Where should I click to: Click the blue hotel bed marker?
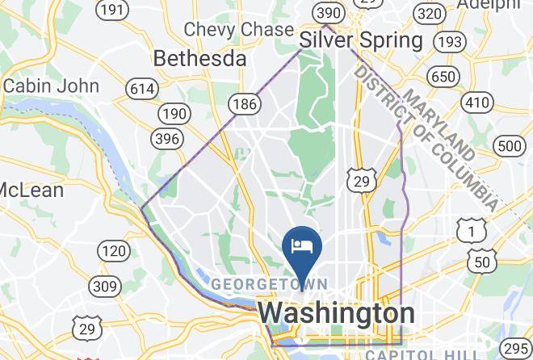click(302, 246)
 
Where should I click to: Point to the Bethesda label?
click(199, 59)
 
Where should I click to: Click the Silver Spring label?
click(360, 40)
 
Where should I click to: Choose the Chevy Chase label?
click(238, 29)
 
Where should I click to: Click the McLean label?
click(31, 190)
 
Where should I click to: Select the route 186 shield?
click(242, 103)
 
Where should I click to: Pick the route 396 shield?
click(166, 139)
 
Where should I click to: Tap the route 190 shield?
click(172, 113)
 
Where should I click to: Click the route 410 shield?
click(478, 103)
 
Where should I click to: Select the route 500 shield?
click(510, 146)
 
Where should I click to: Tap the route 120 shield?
click(113, 251)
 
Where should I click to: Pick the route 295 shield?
click(516, 348)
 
